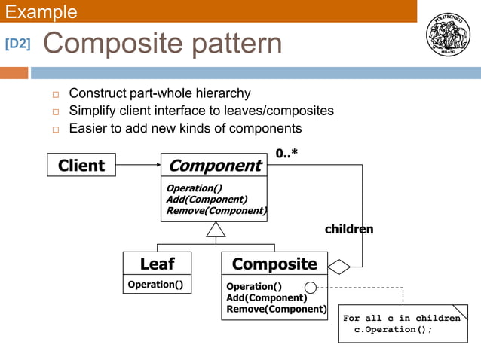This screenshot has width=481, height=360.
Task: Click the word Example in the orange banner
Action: tap(41, 11)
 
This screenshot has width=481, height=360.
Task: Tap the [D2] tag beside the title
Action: tap(18, 44)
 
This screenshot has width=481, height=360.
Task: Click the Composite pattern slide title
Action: tap(162, 44)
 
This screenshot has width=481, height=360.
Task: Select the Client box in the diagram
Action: tap(81, 165)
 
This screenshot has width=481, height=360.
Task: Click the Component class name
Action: tap(214, 166)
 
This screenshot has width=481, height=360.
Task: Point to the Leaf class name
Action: tap(157, 264)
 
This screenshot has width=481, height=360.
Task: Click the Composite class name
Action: tap(274, 264)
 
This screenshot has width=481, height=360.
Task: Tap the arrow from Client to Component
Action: tap(138, 165)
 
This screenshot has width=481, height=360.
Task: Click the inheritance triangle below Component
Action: tap(216, 230)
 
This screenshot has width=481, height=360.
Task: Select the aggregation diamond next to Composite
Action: tap(339, 267)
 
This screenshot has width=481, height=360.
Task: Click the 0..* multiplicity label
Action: tap(286, 154)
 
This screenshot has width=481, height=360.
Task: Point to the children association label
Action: tap(349, 229)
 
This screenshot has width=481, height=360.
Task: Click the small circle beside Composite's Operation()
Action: tap(310, 287)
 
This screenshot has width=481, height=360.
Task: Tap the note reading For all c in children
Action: tap(402, 324)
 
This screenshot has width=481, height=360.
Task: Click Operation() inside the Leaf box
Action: tap(155, 285)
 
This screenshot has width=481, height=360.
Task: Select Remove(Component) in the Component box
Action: tap(216, 211)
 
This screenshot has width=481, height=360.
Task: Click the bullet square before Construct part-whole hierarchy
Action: tap(55, 94)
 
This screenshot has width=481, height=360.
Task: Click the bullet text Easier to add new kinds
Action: tap(185, 128)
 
